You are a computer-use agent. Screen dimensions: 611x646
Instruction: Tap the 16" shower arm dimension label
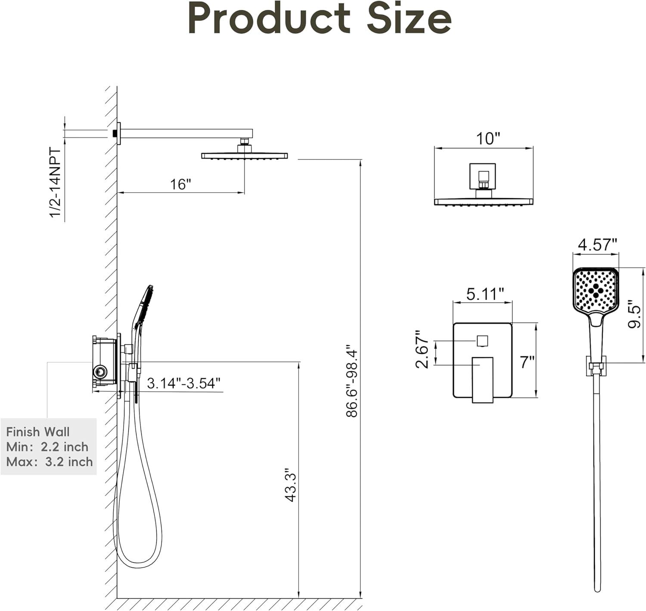[x=180, y=184]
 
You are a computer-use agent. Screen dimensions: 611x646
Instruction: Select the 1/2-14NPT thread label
[x=56, y=183]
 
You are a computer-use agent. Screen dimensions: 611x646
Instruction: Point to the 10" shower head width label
[x=488, y=139]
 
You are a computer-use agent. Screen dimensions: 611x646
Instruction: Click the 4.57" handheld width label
[x=597, y=245]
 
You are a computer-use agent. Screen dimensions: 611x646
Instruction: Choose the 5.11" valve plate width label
[x=485, y=294]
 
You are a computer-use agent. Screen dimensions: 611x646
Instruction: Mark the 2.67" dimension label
[x=422, y=349]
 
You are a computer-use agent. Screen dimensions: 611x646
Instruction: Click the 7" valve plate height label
[x=527, y=362]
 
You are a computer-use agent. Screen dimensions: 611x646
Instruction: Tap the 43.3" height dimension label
[x=291, y=485]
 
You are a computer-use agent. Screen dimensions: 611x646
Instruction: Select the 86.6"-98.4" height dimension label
[x=352, y=380]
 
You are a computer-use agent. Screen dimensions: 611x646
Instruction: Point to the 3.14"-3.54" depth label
[x=183, y=383]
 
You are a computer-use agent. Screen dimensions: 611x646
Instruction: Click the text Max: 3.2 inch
[x=50, y=462]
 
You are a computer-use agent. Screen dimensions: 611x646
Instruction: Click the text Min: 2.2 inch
[x=47, y=447]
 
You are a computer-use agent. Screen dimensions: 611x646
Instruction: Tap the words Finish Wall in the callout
[x=38, y=432]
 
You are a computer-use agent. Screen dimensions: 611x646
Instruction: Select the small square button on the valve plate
[x=482, y=341]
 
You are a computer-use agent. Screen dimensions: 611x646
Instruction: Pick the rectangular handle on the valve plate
[x=482, y=379]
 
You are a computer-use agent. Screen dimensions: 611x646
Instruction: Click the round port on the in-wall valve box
[x=100, y=371]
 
